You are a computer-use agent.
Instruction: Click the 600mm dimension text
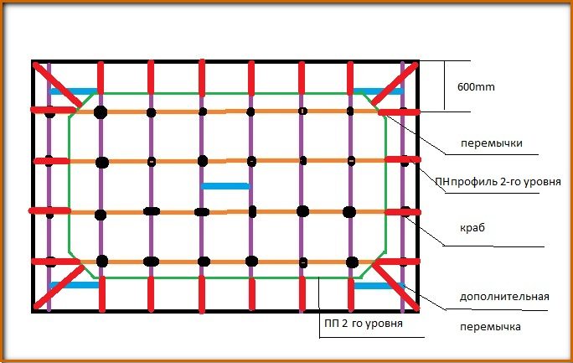click(475, 86)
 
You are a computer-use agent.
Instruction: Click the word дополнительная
click(504, 296)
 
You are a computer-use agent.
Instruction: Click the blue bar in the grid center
click(225, 185)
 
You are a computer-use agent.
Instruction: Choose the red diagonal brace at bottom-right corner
click(394, 283)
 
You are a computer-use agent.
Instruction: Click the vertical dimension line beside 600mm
click(443, 86)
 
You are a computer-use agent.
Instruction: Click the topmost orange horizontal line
click(226, 111)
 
